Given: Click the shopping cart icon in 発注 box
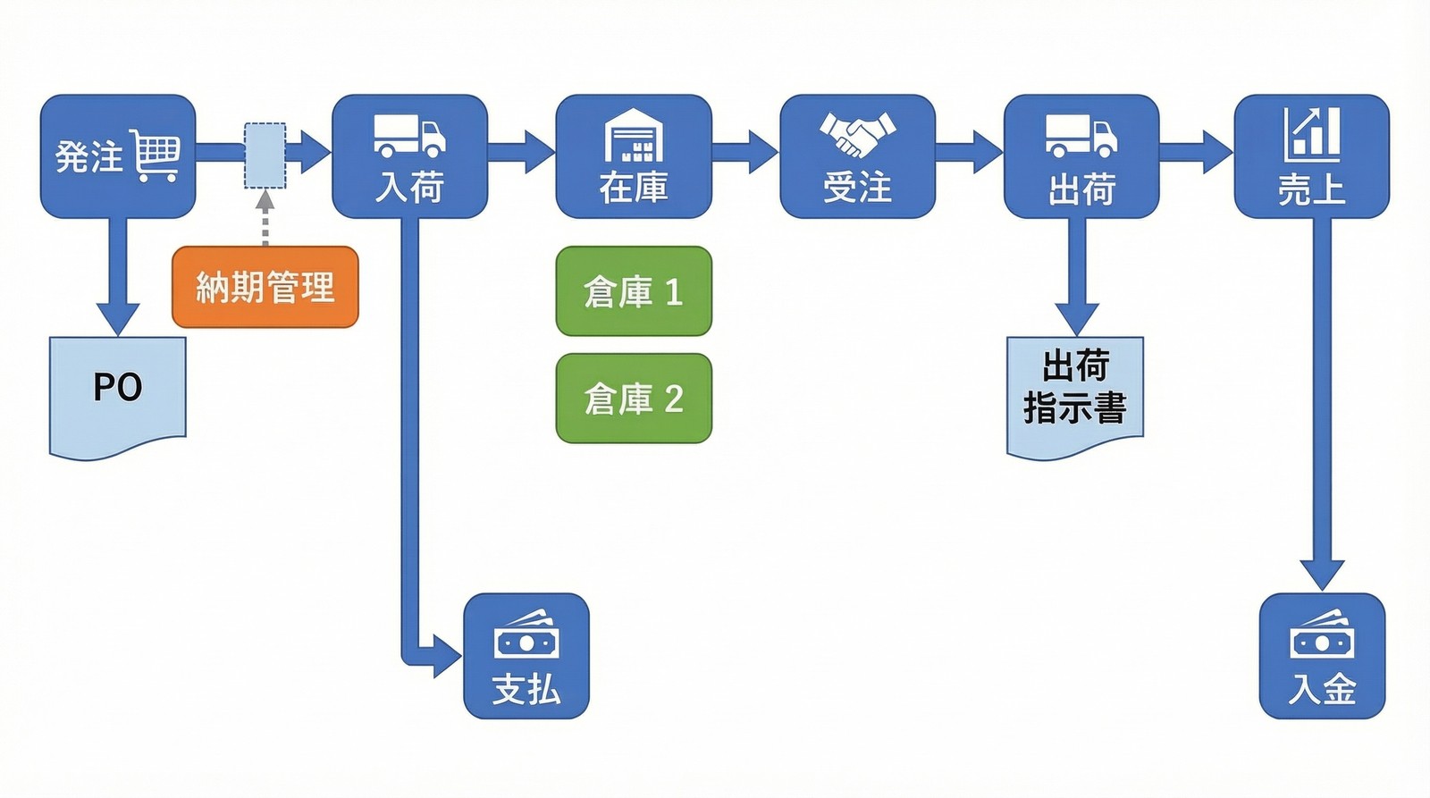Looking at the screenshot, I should point(156,155).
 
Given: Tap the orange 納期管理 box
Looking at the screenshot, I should point(265,287).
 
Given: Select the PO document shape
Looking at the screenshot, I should point(117,393).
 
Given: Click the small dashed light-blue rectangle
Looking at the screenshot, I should point(265,156).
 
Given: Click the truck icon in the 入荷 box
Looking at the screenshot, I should point(408,136).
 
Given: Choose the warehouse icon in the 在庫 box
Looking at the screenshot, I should point(634,136).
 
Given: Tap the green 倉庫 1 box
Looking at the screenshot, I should point(634,291).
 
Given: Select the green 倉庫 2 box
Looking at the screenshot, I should point(634,399).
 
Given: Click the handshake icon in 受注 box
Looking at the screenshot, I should point(857,134).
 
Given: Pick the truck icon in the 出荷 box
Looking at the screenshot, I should point(1081,136).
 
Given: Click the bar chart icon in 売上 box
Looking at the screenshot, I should point(1312,135).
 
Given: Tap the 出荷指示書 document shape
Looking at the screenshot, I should point(1075,393).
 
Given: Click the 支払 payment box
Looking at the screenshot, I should point(526,656).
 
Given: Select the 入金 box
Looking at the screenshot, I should point(1322,656).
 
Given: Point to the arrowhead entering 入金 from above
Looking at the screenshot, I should point(1322,575).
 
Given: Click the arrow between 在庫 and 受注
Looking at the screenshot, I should point(745,152).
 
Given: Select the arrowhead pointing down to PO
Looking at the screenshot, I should point(118,318).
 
